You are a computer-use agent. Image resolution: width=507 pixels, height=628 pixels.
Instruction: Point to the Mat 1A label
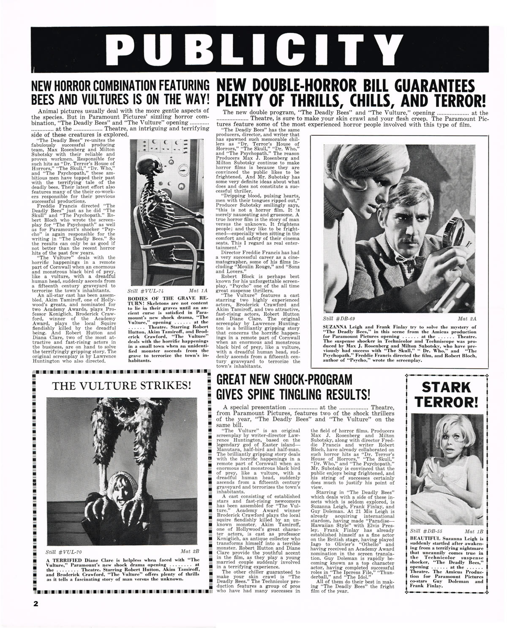pos(199,291)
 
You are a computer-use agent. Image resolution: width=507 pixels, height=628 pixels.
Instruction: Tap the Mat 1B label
pos(474,531)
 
